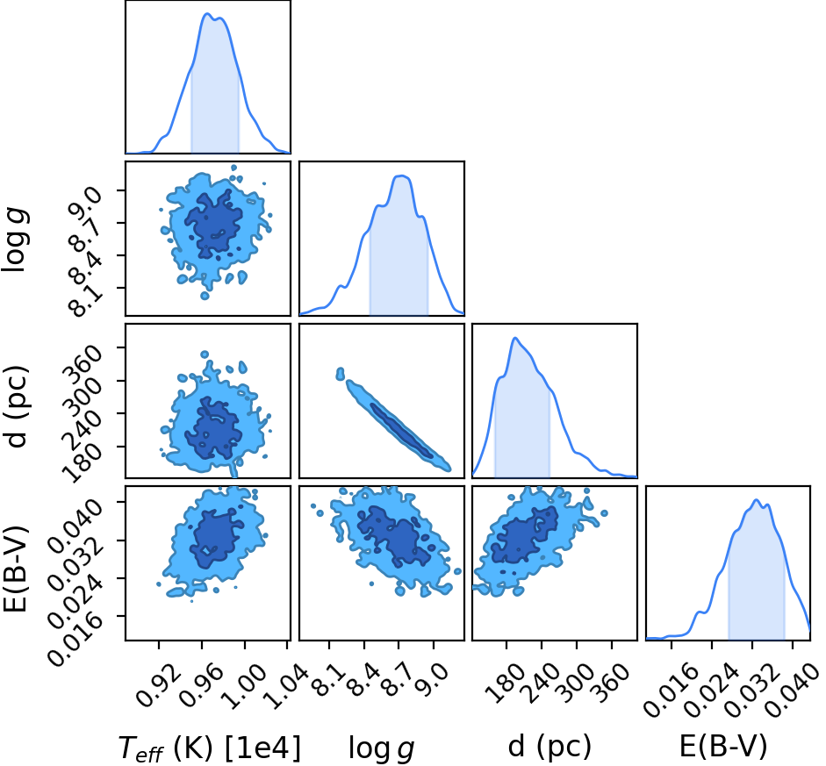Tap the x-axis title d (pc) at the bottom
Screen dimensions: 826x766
pyautogui.click(x=550, y=747)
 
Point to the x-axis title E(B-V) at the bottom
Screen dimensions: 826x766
pyautogui.click(x=722, y=746)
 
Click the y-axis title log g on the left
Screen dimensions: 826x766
pyautogui.click(x=15, y=240)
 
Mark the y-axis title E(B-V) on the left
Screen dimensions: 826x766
pyautogui.click(x=15, y=569)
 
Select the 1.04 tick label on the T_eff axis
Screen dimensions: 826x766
pyautogui.click(x=286, y=685)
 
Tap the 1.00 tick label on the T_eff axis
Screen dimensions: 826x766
pyautogui.click(x=244, y=685)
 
